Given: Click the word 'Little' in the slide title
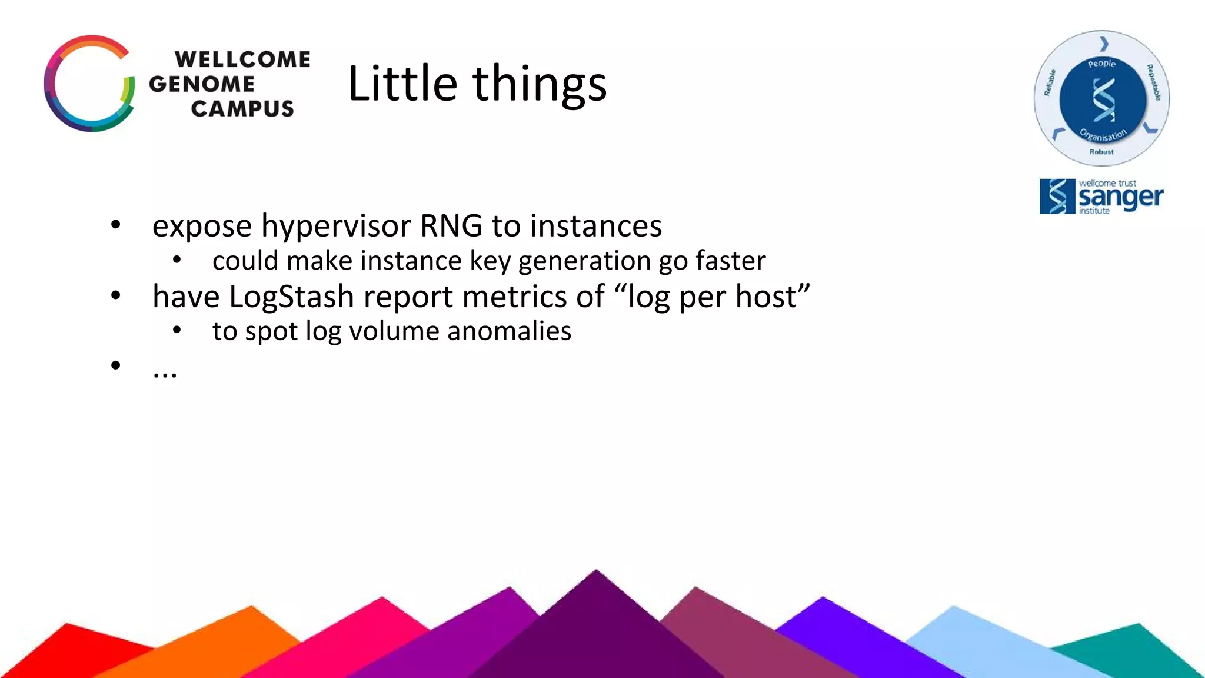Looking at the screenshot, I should coord(402,84).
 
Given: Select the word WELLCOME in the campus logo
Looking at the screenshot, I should coord(242,59).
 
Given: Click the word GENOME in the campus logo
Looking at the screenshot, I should coord(202,84).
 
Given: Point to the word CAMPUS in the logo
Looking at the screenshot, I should coord(242,109).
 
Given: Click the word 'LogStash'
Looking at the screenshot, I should coord(291,297).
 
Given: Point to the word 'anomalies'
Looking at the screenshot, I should coord(509,331).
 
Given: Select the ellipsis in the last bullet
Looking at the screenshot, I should coord(165,373).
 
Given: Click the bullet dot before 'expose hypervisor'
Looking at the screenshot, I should coord(116,225).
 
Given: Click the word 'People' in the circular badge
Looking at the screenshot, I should coord(1101,64).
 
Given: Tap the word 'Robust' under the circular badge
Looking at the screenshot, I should coord(1101,152).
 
